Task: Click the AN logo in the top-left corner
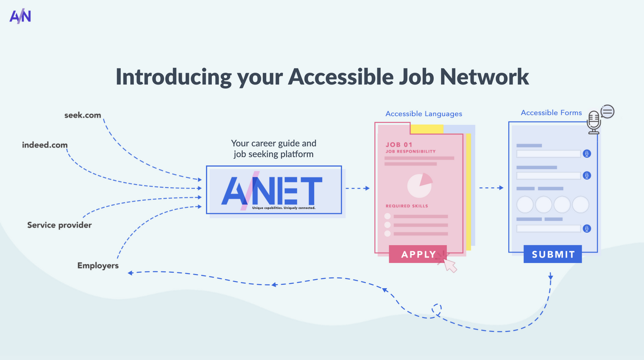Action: click(20, 16)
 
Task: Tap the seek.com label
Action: click(82, 115)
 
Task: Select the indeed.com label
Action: click(45, 145)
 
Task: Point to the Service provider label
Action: click(59, 225)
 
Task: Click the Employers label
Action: click(98, 265)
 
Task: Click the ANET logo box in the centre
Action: click(274, 190)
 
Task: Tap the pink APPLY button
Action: click(418, 254)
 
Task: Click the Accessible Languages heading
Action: click(424, 114)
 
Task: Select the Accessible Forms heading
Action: click(551, 113)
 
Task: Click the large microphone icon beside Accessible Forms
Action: click(594, 122)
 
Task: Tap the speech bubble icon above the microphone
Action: click(608, 112)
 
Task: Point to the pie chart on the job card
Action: click(419, 185)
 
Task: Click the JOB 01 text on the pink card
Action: click(399, 145)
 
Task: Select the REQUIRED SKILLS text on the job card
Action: click(407, 206)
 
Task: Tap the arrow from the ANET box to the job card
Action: click(358, 188)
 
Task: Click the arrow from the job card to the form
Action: click(491, 188)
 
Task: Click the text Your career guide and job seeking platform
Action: click(273, 149)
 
